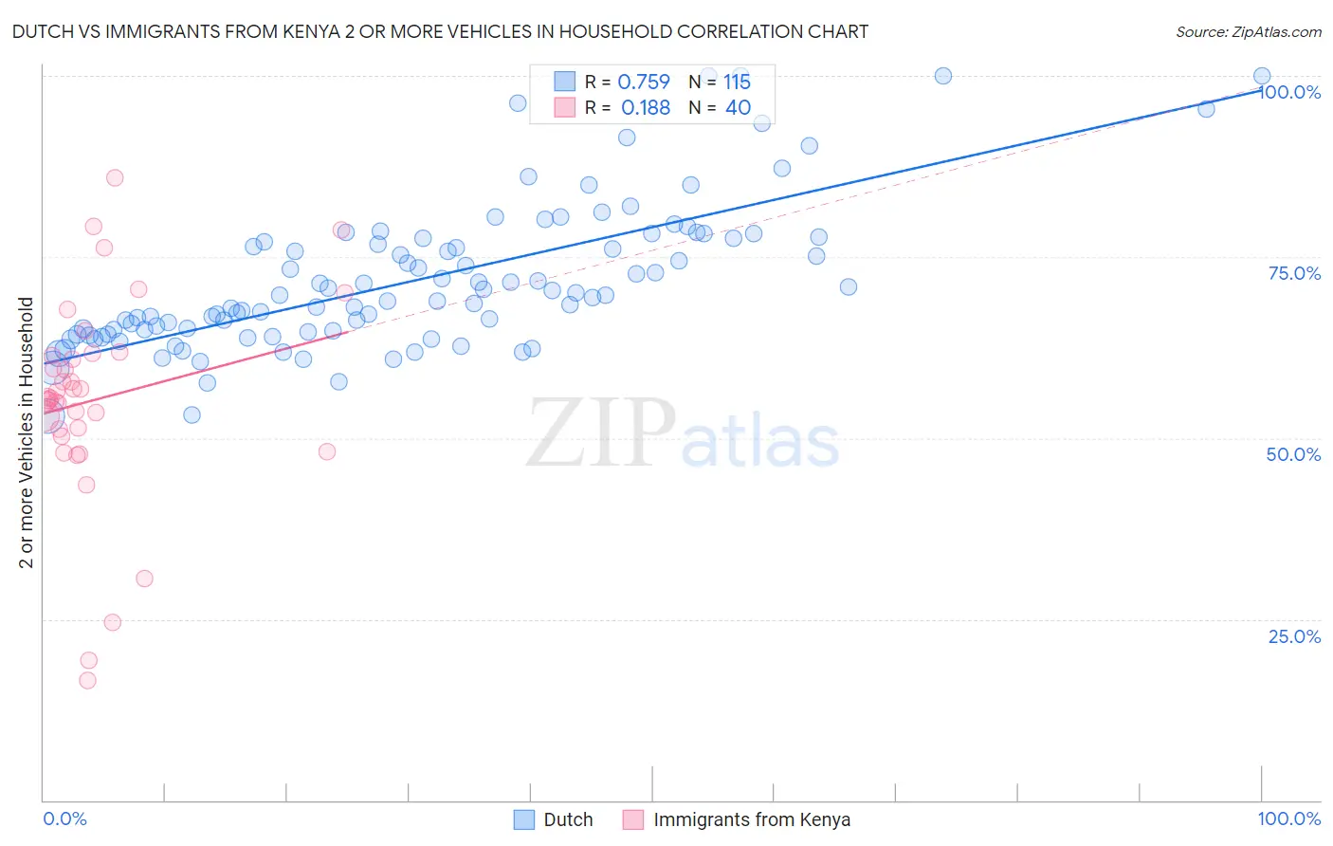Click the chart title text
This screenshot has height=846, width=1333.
440,32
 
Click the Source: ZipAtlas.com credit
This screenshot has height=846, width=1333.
1248,32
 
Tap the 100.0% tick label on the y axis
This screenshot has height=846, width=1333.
1291,92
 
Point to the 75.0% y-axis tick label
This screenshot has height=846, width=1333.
1294,273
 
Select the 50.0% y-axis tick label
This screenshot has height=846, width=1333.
1293,454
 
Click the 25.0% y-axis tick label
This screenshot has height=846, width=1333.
1294,636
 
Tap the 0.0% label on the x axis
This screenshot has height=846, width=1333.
64,818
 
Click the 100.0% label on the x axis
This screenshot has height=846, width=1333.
1289,818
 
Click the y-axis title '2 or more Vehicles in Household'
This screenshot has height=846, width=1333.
26,432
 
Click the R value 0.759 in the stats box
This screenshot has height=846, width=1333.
644,83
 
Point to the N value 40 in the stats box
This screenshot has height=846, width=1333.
738,108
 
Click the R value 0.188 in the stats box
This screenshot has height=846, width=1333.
645,108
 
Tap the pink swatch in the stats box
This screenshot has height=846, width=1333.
565,108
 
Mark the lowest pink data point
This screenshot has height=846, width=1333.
87,680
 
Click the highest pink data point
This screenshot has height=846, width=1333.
115,177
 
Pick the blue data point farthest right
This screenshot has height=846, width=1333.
1262,76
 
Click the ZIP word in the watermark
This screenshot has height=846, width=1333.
601,433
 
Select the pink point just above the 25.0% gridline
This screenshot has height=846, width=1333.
112,622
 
